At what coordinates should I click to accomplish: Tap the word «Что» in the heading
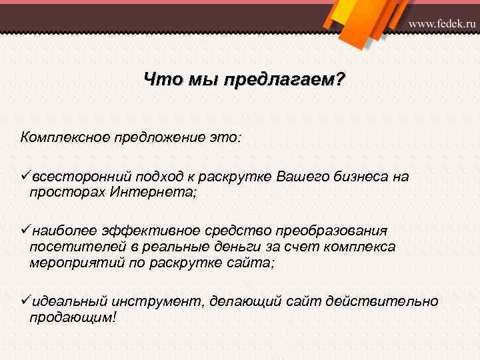coord(159,81)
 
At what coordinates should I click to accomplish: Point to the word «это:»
coord(227,137)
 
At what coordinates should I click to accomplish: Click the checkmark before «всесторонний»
coord(25,176)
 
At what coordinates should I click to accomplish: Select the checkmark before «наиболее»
coord(25,230)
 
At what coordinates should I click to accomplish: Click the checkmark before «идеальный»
coord(25,301)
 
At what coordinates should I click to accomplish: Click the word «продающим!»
coord(73,317)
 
